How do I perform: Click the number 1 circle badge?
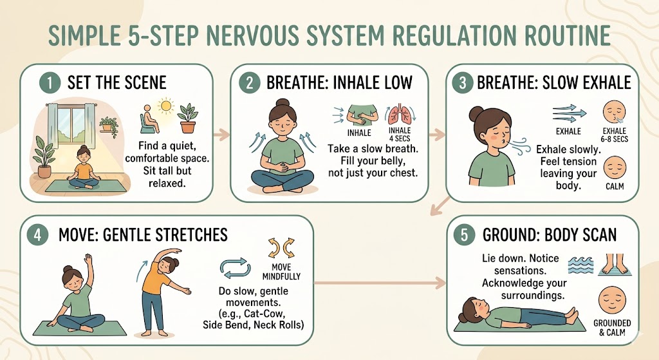(x=50, y=83)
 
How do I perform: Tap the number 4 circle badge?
(x=37, y=234)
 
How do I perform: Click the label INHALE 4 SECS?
(x=399, y=135)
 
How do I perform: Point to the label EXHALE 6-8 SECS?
(x=615, y=135)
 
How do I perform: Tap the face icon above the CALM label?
(x=615, y=168)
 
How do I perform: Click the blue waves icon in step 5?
(x=580, y=265)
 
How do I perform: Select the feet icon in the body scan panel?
(x=615, y=265)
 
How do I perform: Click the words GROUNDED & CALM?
(x=612, y=328)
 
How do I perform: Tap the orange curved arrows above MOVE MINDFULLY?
(x=281, y=248)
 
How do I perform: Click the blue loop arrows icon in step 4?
(x=236, y=268)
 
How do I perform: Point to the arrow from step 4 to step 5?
(x=380, y=283)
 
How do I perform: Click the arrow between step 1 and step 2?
(x=221, y=135)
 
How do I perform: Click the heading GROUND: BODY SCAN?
(x=550, y=234)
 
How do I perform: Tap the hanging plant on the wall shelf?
(x=109, y=125)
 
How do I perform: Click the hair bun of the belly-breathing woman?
(x=283, y=102)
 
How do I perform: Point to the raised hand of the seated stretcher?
(x=88, y=259)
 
